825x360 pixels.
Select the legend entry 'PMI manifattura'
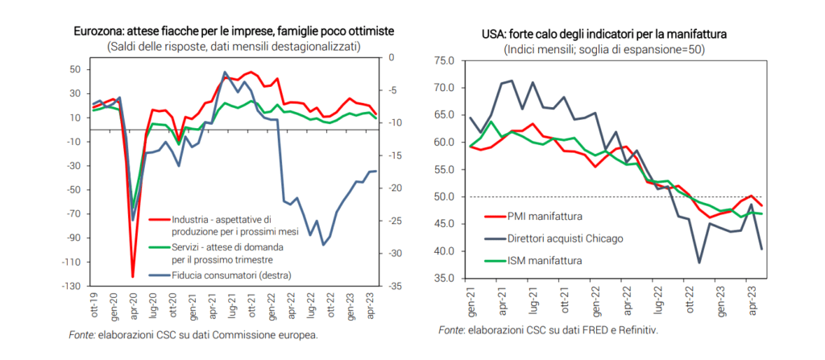point(545,216)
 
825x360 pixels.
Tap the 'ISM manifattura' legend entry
point(545,260)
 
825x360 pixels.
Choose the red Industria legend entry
point(219,225)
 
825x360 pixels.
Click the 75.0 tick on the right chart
point(445,60)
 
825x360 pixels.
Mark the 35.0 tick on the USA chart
point(445,279)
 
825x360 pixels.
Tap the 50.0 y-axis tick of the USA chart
point(445,197)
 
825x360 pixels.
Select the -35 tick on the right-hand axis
point(392,286)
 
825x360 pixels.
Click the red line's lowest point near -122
point(132,276)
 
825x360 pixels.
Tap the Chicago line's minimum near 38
point(699,263)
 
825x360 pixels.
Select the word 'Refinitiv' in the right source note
point(636,329)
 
